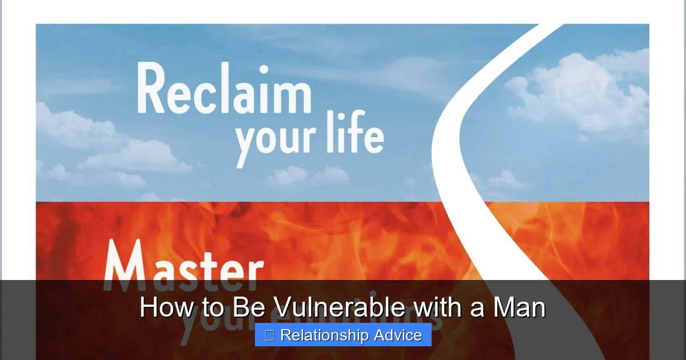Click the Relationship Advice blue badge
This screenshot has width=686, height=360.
(x=343, y=335)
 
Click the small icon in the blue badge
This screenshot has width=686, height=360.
(x=270, y=335)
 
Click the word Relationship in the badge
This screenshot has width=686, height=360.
(x=322, y=335)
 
